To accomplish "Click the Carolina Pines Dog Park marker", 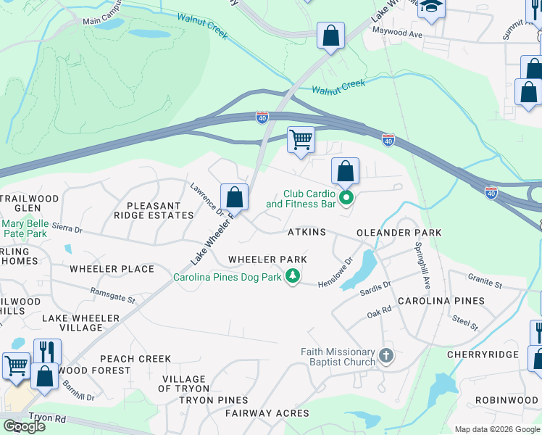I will click(293, 277).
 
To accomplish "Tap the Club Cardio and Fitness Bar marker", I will click(346, 197).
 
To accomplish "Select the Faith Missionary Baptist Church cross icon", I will click(386, 356).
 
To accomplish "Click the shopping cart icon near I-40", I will click(301, 138).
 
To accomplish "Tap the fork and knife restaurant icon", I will click(47, 351).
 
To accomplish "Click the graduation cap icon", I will click(431, 7).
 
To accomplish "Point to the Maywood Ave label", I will click(396, 33).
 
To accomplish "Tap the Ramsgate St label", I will click(112, 295).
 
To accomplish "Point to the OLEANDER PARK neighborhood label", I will click(399, 233).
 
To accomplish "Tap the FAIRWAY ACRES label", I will click(267, 414).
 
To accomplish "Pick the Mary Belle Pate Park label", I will click(25, 229).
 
